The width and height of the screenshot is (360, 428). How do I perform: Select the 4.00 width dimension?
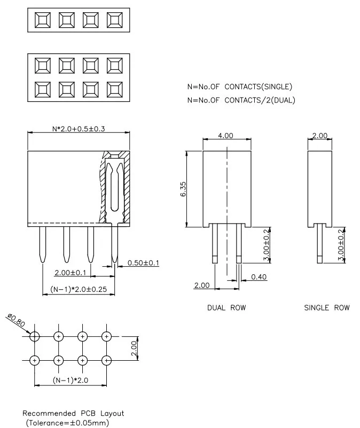tap(226, 136)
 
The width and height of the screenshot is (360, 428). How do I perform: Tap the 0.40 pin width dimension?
tap(259, 277)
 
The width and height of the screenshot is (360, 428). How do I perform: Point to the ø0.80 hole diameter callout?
tap(16, 321)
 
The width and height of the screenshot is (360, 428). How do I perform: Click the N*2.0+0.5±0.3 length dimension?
tap(78, 129)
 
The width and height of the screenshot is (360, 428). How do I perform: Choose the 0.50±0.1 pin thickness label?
tap(143, 263)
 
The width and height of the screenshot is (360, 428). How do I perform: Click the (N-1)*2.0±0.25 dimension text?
tap(78, 289)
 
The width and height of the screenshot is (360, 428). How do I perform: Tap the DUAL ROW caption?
tap(226, 308)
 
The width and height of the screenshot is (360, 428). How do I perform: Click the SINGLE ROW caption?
tap(327, 308)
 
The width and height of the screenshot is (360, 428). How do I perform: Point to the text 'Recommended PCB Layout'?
tap(73, 413)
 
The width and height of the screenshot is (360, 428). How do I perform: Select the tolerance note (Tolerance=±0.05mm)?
tap(67, 423)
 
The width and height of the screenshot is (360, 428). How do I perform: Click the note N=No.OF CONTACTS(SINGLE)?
tap(239, 86)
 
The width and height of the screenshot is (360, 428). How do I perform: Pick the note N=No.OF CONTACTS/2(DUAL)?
tap(241, 100)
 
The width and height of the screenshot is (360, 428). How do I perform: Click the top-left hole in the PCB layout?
tap(35, 336)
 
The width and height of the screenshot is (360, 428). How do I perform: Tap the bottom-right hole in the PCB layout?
tap(107, 360)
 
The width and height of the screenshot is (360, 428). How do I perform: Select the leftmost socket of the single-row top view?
tap(42, 20)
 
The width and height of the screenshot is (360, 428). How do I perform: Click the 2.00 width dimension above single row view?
tap(319, 136)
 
